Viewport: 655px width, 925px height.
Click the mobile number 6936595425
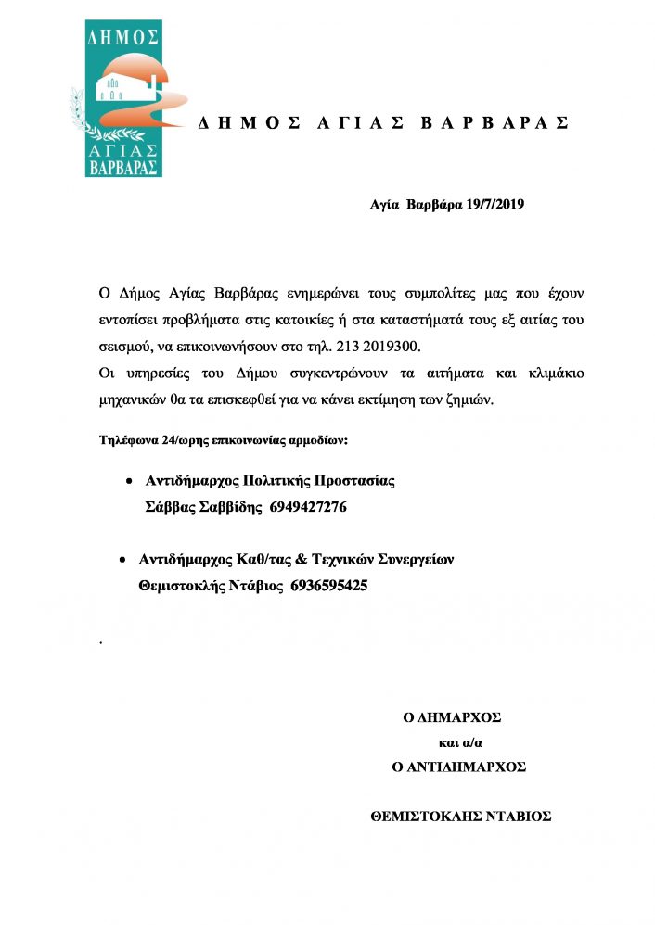point(329,586)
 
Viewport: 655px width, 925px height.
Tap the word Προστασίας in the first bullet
point(356,481)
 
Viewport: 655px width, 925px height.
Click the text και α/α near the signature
point(460,742)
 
